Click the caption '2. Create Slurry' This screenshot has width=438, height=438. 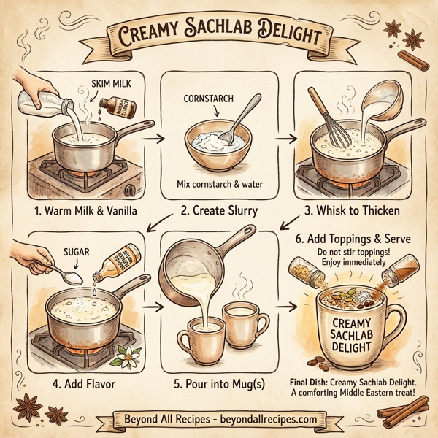pos(216,212)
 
